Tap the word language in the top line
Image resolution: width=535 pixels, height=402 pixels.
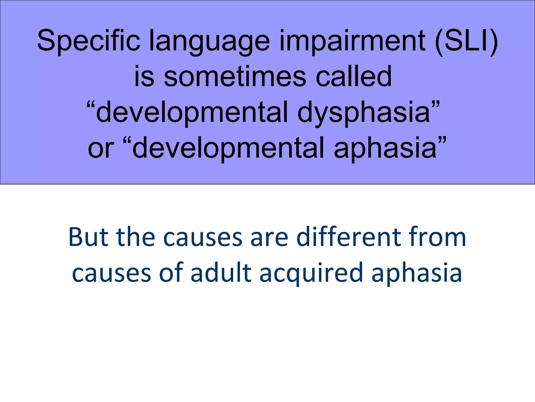pyautogui.click(x=209, y=42)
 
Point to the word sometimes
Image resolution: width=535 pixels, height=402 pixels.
pyautogui.click(x=235, y=77)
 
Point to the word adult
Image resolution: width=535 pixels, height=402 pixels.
pyautogui.click(x=221, y=273)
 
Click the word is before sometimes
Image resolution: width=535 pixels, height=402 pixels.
pyautogui.click(x=144, y=77)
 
